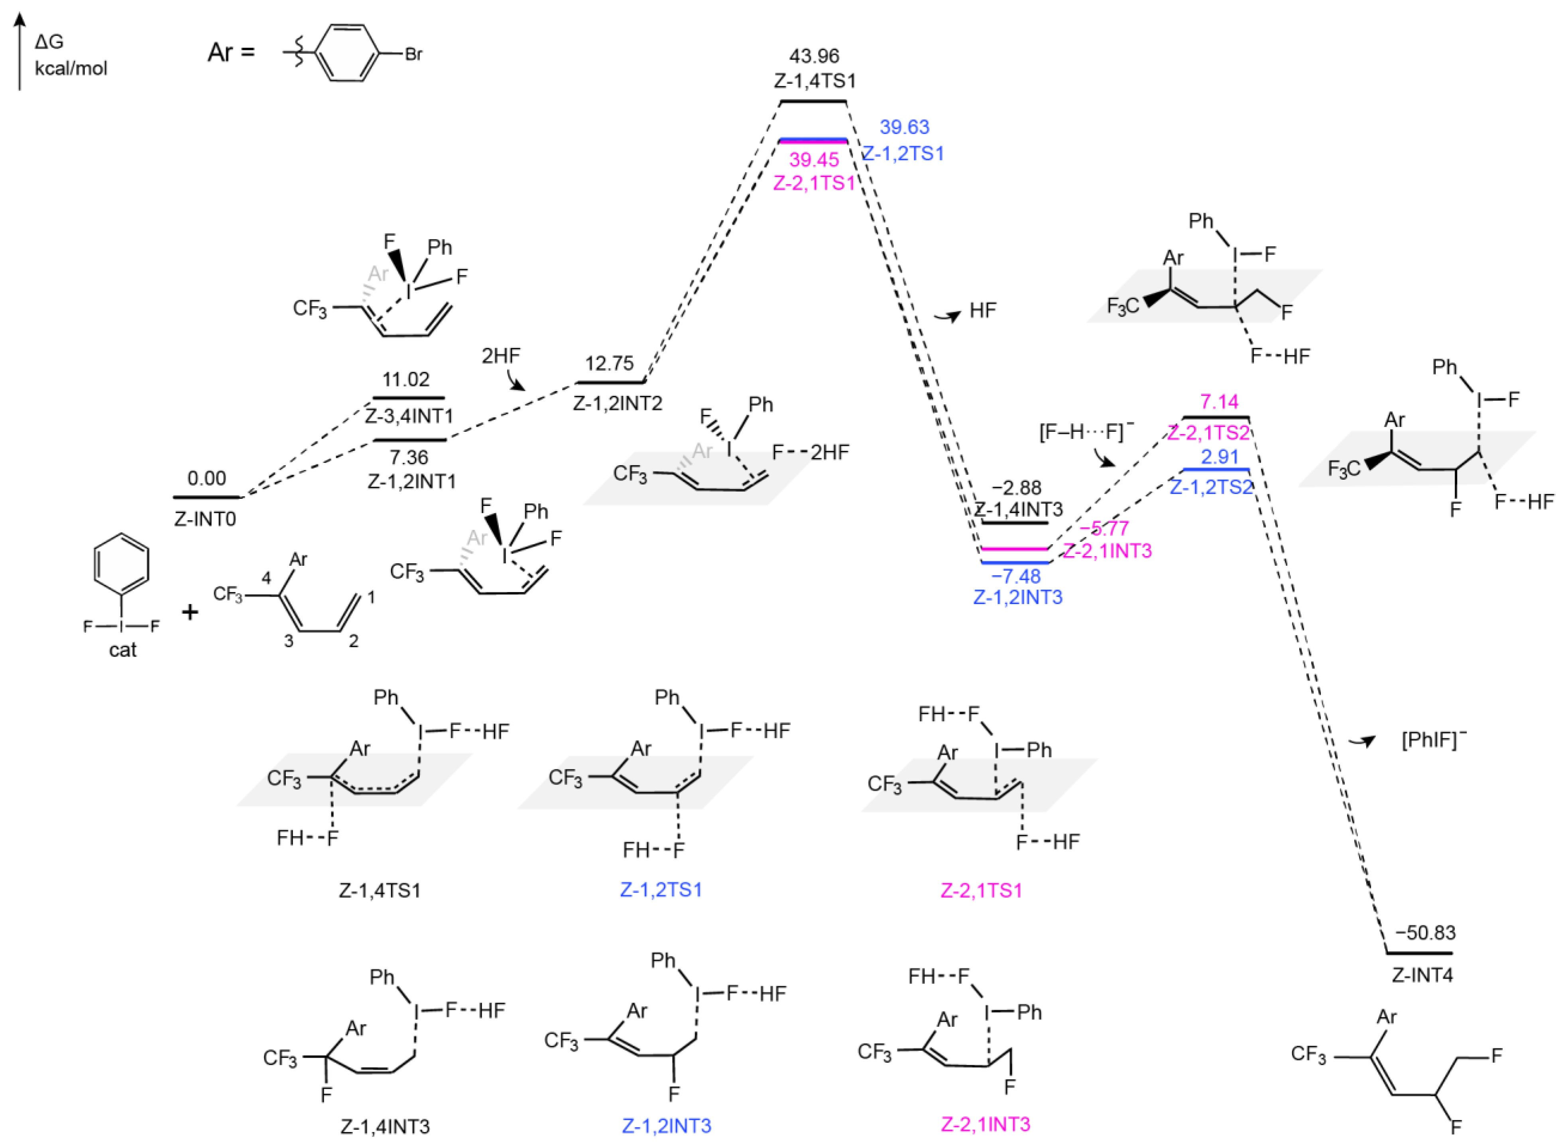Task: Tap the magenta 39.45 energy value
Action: click(814, 160)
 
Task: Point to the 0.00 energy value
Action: click(207, 478)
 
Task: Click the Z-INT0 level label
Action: click(205, 519)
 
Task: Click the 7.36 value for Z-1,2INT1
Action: click(409, 457)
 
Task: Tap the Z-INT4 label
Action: click(1422, 975)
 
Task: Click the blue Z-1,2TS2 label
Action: click(1211, 487)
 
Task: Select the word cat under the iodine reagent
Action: click(123, 650)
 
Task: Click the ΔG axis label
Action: click(49, 42)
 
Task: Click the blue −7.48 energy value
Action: click(1016, 576)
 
